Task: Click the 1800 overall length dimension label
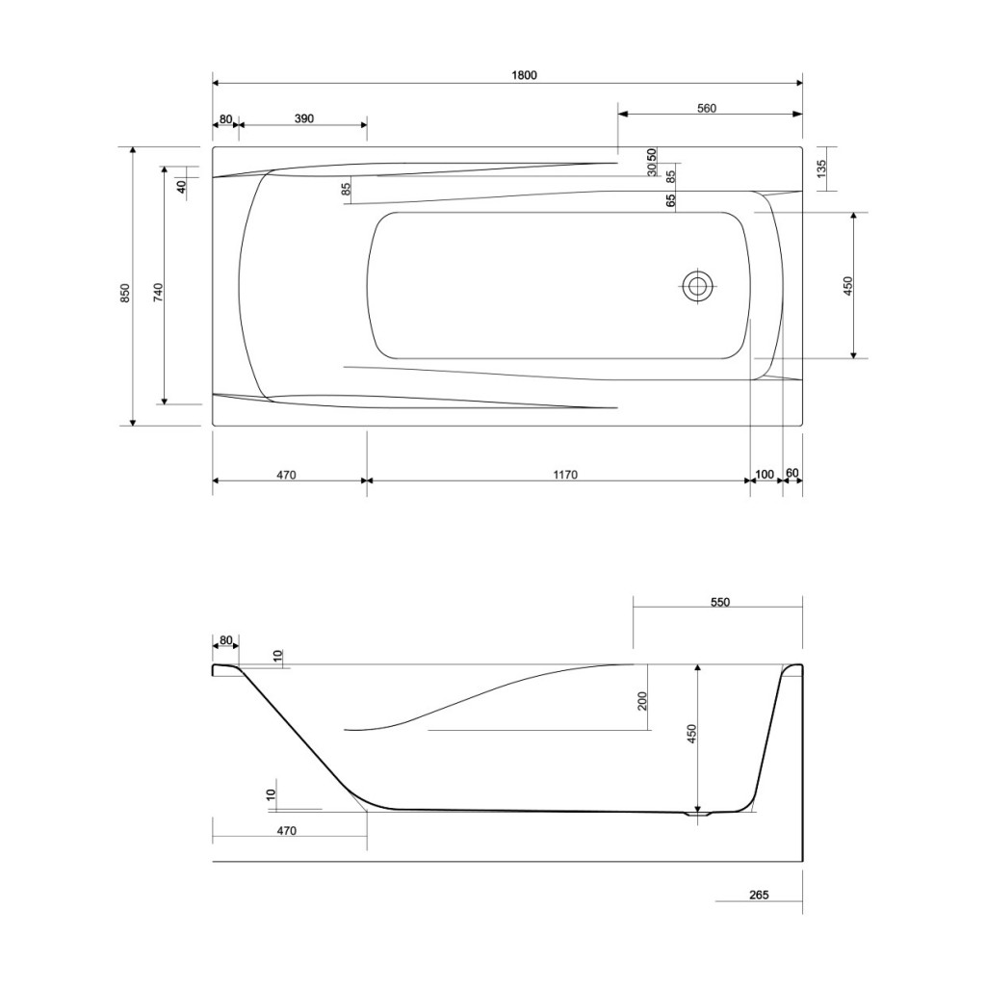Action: [523, 75]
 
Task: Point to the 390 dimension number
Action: [303, 118]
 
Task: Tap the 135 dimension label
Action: [820, 169]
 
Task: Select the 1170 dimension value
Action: [564, 474]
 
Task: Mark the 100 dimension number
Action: [765, 474]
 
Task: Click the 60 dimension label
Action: [791, 474]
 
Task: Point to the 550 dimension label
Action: [719, 603]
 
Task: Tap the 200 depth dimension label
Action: [642, 701]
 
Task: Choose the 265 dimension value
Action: [759, 895]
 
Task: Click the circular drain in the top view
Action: [698, 285]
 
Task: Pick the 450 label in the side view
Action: [691, 735]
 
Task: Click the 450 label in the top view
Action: [847, 285]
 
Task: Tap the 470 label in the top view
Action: [286, 474]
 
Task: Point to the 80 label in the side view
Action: [225, 639]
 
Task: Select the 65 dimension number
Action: [671, 200]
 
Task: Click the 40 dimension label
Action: [181, 186]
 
